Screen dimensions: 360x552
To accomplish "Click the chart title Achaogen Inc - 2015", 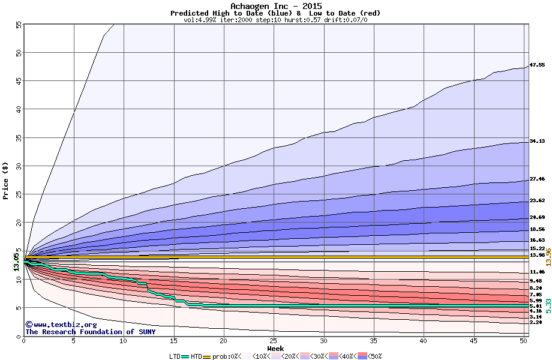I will point(275,6).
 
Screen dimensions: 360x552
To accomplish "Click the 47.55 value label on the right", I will point(537,65).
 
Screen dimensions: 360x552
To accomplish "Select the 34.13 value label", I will point(537,141).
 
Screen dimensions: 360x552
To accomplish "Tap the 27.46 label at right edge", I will point(537,179).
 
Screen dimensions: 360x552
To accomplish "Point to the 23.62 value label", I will point(537,200).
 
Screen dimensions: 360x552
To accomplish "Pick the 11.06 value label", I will point(537,272).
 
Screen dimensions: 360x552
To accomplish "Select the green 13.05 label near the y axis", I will point(16,262).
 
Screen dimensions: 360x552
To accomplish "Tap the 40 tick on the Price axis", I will point(19,109).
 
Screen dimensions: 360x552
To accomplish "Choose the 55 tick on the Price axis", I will point(19,25).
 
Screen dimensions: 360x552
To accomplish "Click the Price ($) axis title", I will point(6,180).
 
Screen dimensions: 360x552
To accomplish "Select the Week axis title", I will point(275,348).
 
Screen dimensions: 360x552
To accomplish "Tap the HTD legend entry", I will point(196,356).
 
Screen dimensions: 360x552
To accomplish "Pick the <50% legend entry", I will point(373,356).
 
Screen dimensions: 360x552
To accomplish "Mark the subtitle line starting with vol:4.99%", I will point(275,20).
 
